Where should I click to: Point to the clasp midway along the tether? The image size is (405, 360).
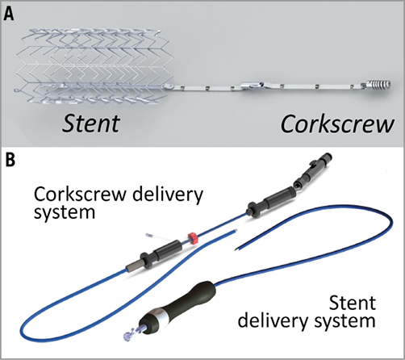[x=251, y=84]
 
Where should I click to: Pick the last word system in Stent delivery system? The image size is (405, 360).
[x=352, y=322]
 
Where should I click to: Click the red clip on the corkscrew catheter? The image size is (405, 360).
[x=193, y=239]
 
